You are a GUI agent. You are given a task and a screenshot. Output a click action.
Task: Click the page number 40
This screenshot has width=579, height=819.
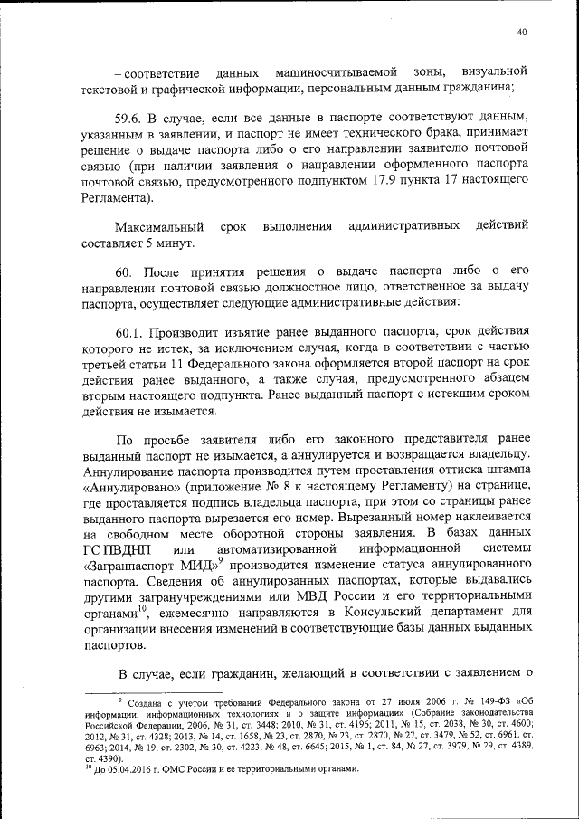pyautogui.click(x=522, y=33)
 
